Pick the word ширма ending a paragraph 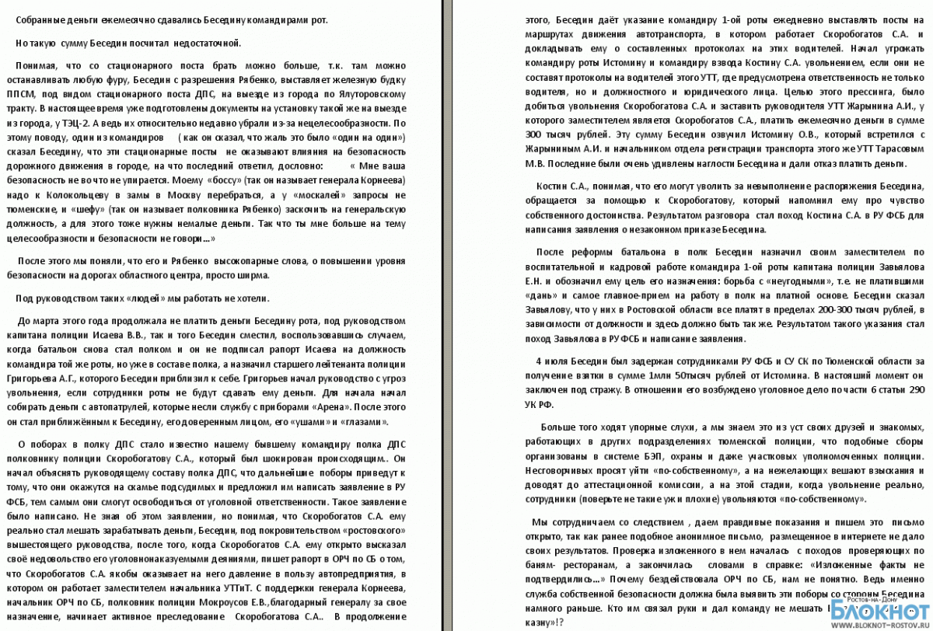tap(254, 275)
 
